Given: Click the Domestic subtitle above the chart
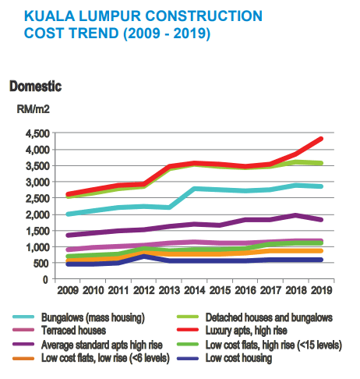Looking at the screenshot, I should tap(35, 85).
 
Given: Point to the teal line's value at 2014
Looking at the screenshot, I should tap(196, 189).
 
